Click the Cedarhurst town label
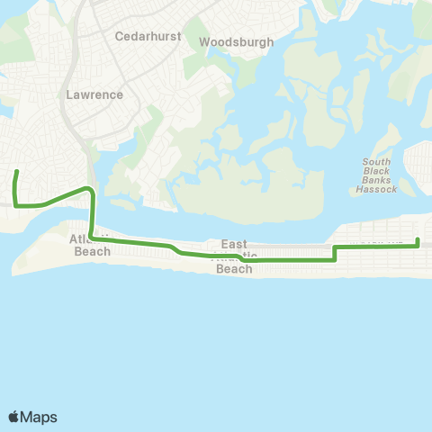point(148,37)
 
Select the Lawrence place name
point(94,94)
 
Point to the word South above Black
point(375,163)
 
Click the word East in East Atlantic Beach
point(234,245)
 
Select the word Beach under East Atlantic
point(235,269)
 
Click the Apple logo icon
point(14,417)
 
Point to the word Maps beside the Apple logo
point(40,417)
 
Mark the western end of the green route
point(16,171)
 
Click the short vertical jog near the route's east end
point(335,252)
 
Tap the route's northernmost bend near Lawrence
point(86,188)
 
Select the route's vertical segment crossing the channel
point(92,216)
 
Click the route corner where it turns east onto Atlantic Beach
point(93,238)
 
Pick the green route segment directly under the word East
point(234,258)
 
